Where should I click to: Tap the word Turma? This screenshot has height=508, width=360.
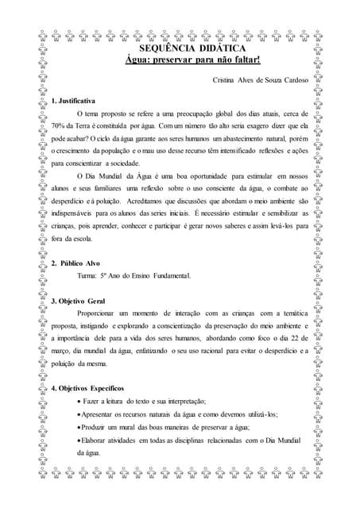tap(88, 275)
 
